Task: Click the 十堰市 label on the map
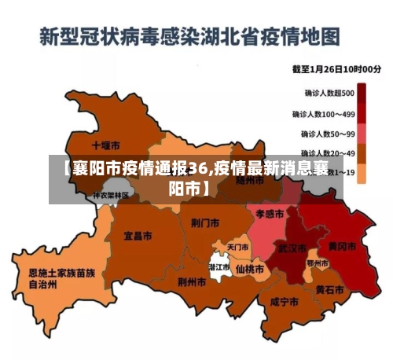(105, 145)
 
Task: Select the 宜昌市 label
(138, 235)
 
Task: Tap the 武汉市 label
(292, 248)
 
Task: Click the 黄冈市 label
(342, 246)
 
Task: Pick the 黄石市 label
(329, 289)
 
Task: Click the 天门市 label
(237, 247)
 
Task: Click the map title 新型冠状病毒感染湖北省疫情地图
(189, 35)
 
